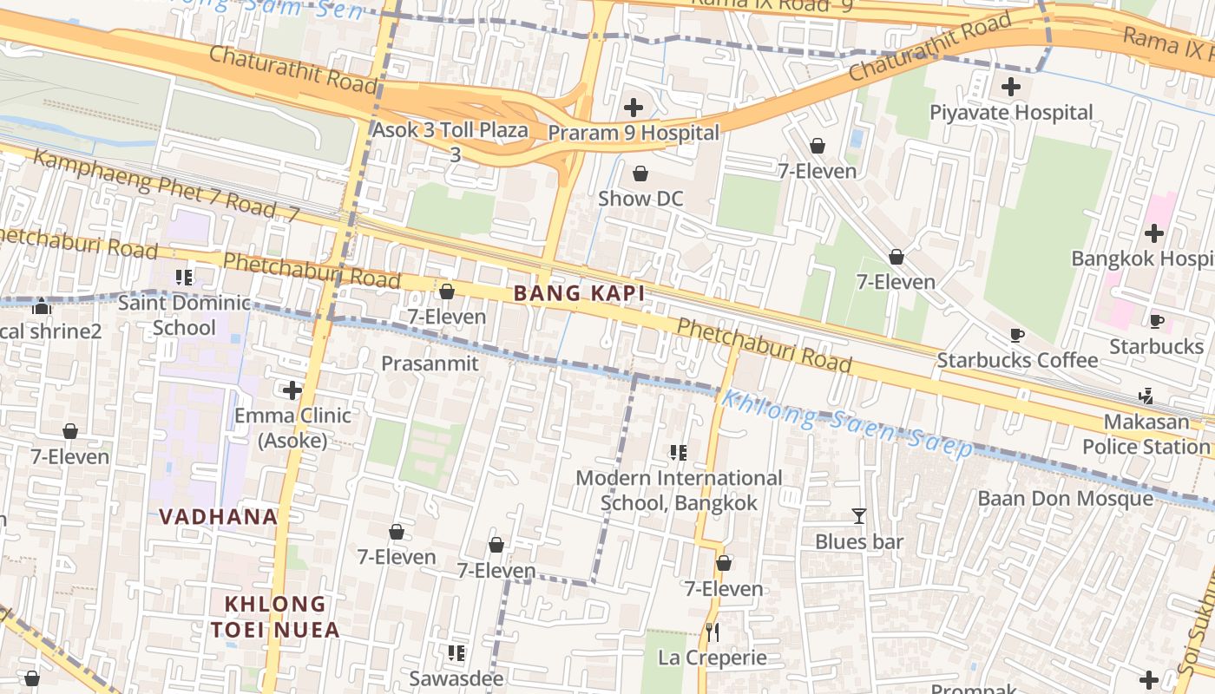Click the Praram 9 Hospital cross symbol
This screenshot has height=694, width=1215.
pyautogui.click(x=634, y=108)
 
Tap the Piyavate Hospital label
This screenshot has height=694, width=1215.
pyautogui.click(x=1011, y=112)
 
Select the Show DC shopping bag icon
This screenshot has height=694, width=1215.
pyautogui.click(x=640, y=173)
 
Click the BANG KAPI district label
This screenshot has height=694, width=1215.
pyautogui.click(x=579, y=293)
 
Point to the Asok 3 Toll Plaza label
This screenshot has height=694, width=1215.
pyautogui.click(x=450, y=131)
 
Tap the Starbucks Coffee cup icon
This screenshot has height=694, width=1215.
pyautogui.click(x=1017, y=335)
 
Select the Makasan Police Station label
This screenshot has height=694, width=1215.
pyautogui.click(x=1146, y=434)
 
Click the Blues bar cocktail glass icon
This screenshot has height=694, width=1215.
pyautogui.click(x=859, y=516)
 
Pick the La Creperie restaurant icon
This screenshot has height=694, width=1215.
pyautogui.click(x=713, y=632)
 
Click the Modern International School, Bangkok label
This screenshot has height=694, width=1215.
pyautogui.click(x=679, y=490)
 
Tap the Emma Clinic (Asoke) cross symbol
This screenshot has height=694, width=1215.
pyautogui.click(x=293, y=390)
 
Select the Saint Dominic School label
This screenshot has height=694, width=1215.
pyautogui.click(x=184, y=315)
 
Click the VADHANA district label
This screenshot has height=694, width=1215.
pyautogui.click(x=218, y=517)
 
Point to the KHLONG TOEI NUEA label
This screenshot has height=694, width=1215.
pyautogui.click(x=275, y=617)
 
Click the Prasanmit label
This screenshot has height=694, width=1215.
pyautogui.click(x=430, y=363)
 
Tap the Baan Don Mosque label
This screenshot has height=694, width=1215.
pyautogui.click(x=1065, y=498)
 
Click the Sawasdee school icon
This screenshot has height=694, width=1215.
pyautogui.click(x=456, y=652)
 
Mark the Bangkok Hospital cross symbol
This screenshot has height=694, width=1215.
pyautogui.click(x=1153, y=232)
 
